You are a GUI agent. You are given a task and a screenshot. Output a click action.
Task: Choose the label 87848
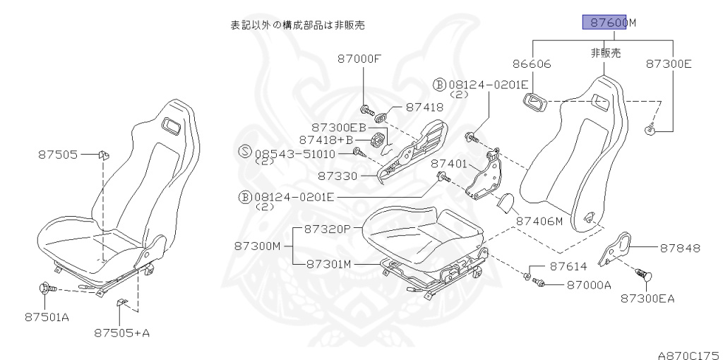680,248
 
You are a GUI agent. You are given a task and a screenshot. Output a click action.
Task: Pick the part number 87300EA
647,298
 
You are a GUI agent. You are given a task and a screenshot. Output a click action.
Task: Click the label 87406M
538,221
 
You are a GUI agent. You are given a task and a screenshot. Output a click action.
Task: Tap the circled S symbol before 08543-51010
245,152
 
